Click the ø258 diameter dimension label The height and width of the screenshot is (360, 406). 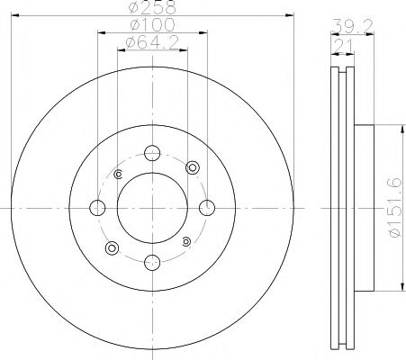pyautogui.click(x=150, y=7)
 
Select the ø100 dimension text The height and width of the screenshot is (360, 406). pyautogui.click(x=150, y=25)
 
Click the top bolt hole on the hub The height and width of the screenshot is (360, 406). pyautogui.click(x=151, y=153)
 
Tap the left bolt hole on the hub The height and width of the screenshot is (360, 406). pyautogui.click(x=96, y=208)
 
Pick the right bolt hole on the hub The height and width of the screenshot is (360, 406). pyautogui.click(x=206, y=208)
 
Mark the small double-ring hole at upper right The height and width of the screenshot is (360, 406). pyautogui.click(x=191, y=168)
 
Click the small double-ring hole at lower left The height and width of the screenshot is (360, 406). pyautogui.click(x=112, y=247)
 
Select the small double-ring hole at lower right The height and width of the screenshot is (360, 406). pyautogui.click(x=185, y=241)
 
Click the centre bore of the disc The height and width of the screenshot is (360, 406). pyautogui.click(x=151, y=208)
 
